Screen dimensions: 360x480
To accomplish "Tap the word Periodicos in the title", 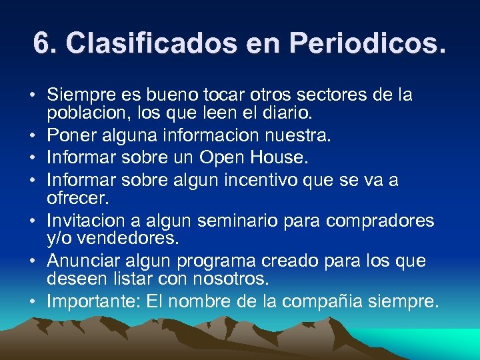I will point(366,44).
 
